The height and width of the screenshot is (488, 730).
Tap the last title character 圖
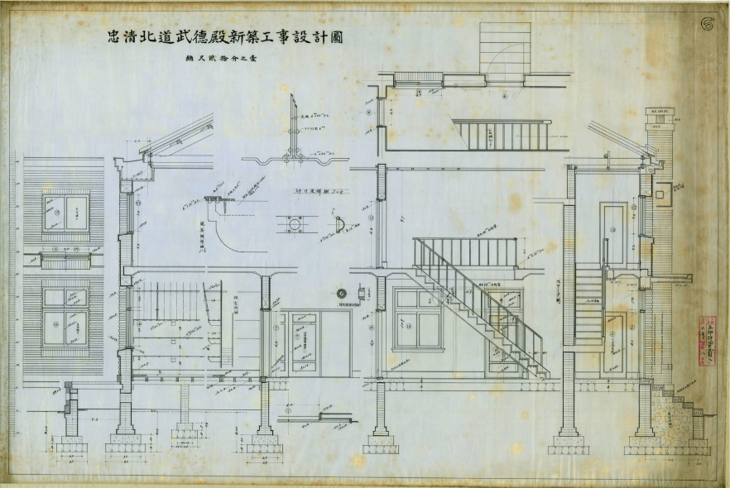[336, 38]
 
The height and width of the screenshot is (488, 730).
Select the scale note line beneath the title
[223, 60]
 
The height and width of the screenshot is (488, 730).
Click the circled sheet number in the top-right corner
[708, 23]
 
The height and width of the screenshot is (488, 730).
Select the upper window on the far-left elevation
[65, 213]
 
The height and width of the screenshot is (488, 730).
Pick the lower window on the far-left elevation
[65, 316]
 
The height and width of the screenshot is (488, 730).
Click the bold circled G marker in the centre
[341, 293]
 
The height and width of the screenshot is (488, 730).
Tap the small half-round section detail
[339, 225]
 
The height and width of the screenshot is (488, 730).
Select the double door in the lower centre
[302, 342]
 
